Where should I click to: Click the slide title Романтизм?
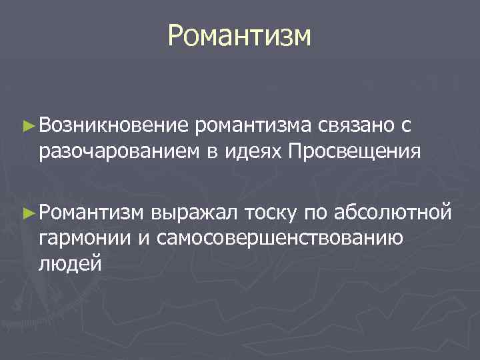pyautogui.click(x=239, y=36)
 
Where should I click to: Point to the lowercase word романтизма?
pyautogui.click(x=254, y=125)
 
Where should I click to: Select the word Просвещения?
pyautogui.click(x=354, y=151)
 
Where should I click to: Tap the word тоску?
pyautogui.click(x=271, y=213)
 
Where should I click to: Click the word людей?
pyautogui.click(x=70, y=265)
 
